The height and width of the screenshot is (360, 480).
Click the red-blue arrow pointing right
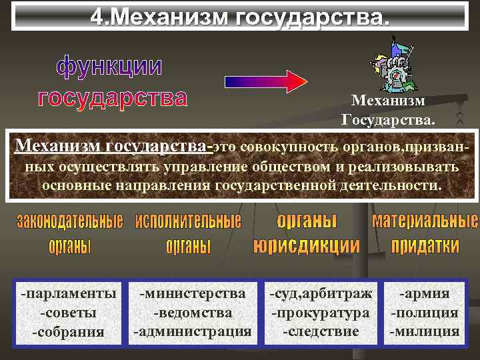click(265, 81)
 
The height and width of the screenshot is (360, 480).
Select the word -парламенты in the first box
click(69, 293)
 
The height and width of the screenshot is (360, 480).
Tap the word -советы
click(69, 312)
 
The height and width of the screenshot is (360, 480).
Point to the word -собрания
click(69, 331)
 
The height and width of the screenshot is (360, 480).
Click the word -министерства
click(193, 293)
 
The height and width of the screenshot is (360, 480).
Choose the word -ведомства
click(193, 312)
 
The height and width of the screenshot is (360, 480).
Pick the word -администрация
click(193, 331)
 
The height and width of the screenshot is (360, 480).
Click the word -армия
click(424, 293)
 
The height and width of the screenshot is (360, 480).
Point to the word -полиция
click(424, 312)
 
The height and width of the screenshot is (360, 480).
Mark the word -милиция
click(424, 331)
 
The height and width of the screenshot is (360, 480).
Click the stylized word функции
click(109, 67)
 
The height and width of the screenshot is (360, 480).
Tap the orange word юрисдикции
click(307, 246)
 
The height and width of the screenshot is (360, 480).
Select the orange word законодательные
click(70, 222)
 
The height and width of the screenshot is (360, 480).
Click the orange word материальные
click(425, 221)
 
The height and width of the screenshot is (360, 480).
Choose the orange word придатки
click(425, 246)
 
